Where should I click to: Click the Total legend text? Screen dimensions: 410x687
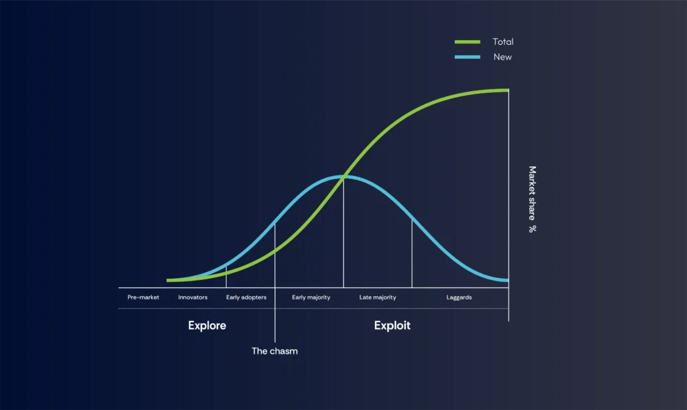(503, 42)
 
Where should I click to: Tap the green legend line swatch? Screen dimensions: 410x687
(467, 42)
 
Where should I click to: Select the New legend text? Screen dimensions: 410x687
(503, 57)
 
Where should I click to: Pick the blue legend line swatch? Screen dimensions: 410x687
(467, 57)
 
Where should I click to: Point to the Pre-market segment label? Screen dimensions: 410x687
(143, 297)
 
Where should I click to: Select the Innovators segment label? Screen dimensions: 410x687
(193, 297)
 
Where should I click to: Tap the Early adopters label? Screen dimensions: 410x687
(246, 297)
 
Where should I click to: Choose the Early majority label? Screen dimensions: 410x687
(311, 297)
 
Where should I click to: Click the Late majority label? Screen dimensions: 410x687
(378, 297)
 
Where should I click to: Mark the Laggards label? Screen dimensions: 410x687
(459, 297)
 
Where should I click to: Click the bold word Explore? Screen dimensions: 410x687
(207, 326)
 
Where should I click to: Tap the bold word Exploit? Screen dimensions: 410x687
(392, 326)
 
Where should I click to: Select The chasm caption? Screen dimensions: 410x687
(274, 350)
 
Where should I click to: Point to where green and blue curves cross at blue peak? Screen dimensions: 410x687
(343, 177)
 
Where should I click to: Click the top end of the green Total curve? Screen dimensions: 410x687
(507, 90)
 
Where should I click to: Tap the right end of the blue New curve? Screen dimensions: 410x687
(507, 279)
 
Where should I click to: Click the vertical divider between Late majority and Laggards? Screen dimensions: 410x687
(412, 255)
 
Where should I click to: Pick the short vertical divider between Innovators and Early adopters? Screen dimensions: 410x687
(226, 277)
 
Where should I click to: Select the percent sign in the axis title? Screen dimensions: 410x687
(532, 228)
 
